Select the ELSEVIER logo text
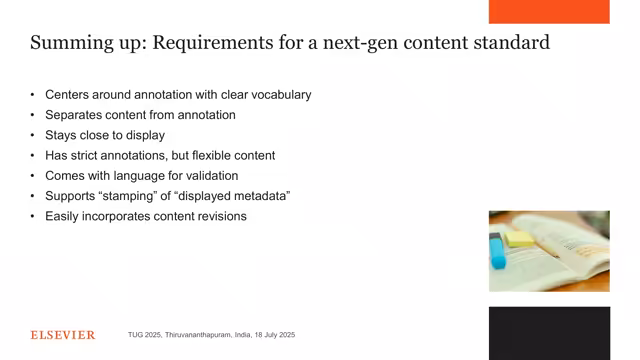(63, 335)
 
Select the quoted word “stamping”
(134, 195)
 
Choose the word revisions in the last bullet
(220, 216)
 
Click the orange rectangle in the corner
(549, 11)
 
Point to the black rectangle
(549, 333)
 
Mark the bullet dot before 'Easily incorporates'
(33, 216)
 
